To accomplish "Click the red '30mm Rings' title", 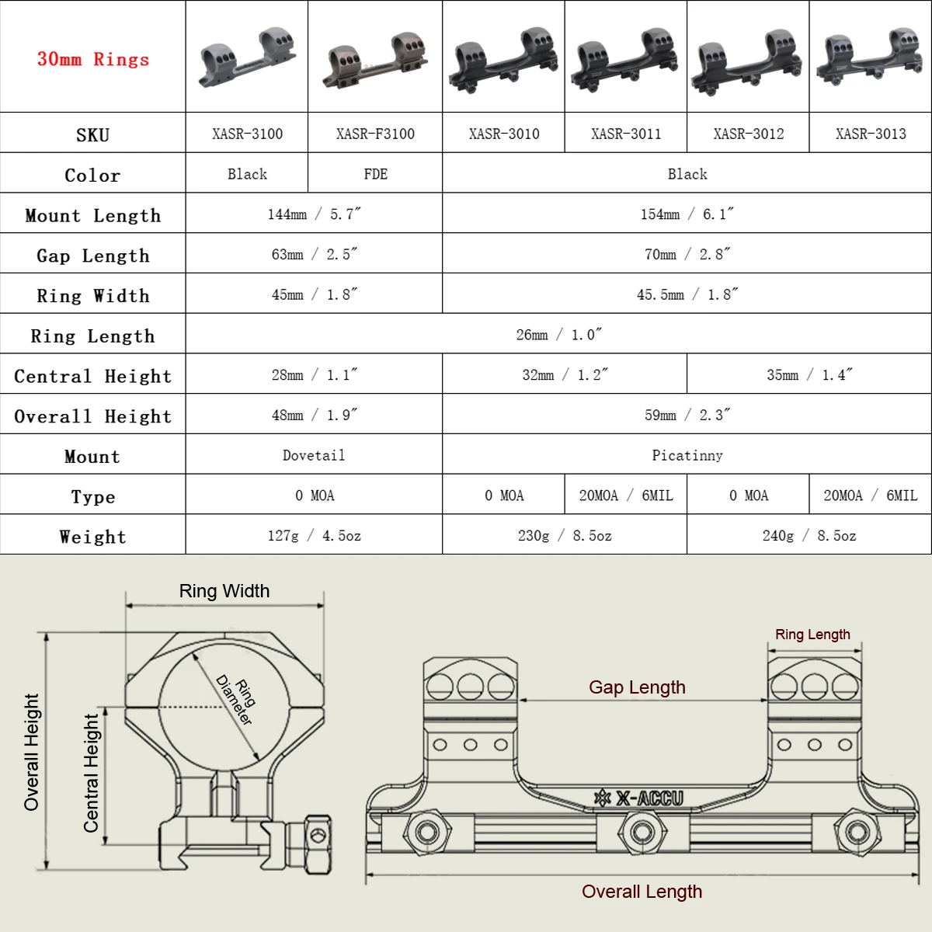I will [x=93, y=59].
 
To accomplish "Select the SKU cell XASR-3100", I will [x=247, y=134].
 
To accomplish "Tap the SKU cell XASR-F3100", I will [x=375, y=134].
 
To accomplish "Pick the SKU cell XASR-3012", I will [x=748, y=134].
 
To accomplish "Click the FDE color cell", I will [x=375, y=174].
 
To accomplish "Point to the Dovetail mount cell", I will [x=314, y=455].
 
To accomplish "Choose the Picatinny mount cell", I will [x=687, y=455].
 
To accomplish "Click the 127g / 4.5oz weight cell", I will [x=314, y=536].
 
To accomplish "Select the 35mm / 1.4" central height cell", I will [x=809, y=375].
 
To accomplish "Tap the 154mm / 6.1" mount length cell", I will [x=687, y=214].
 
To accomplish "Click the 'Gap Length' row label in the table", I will [x=93, y=256].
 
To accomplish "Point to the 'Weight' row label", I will [x=93, y=537].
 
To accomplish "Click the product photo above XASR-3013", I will [x=870, y=58].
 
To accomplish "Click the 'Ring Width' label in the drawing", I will [x=224, y=591].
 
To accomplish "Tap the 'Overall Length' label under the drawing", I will [x=642, y=892].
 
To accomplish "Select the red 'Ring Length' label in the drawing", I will [x=812, y=635].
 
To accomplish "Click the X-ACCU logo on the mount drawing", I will [x=639, y=798].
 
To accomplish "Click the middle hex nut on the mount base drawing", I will [x=642, y=833].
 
